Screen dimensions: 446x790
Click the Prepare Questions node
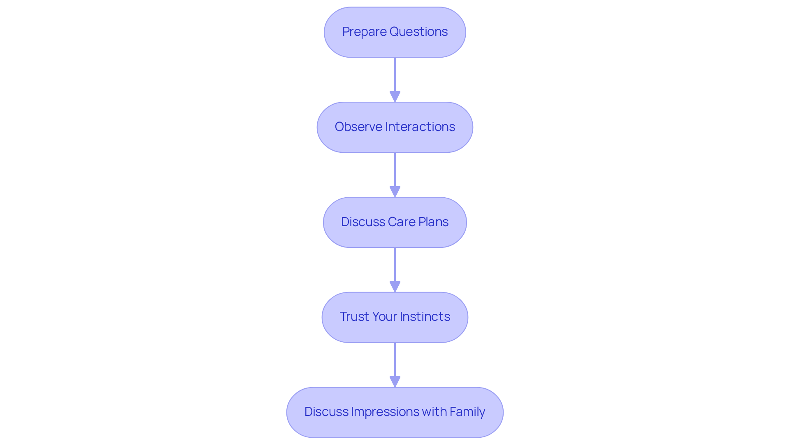click(395, 32)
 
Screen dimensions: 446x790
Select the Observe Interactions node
click(395, 127)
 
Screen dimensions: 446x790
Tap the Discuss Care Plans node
click(395, 222)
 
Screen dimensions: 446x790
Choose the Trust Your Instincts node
click(395, 318)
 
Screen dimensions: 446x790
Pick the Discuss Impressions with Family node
click(395, 412)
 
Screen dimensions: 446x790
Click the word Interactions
click(420, 127)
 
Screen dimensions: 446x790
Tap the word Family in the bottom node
click(467, 412)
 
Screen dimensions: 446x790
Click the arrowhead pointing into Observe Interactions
click(395, 97)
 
